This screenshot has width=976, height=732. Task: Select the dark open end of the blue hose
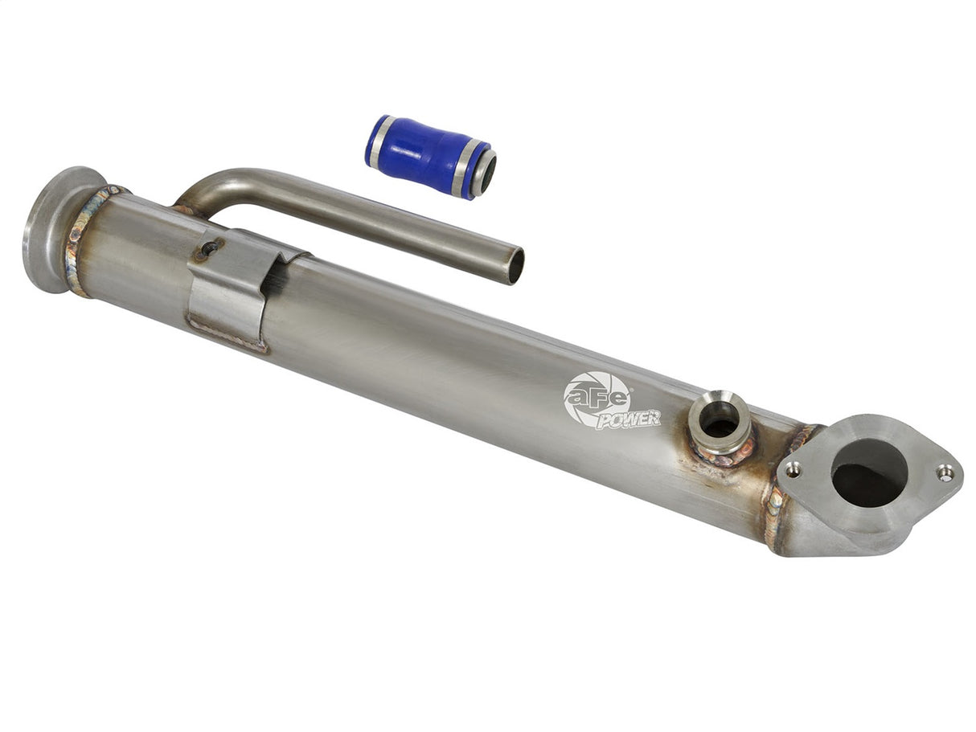pos(486,174)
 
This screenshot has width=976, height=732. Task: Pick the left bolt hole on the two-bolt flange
pos(794,468)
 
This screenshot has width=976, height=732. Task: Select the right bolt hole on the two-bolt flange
pos(945,473)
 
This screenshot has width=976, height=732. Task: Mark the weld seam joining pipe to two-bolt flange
pos(778,506)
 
